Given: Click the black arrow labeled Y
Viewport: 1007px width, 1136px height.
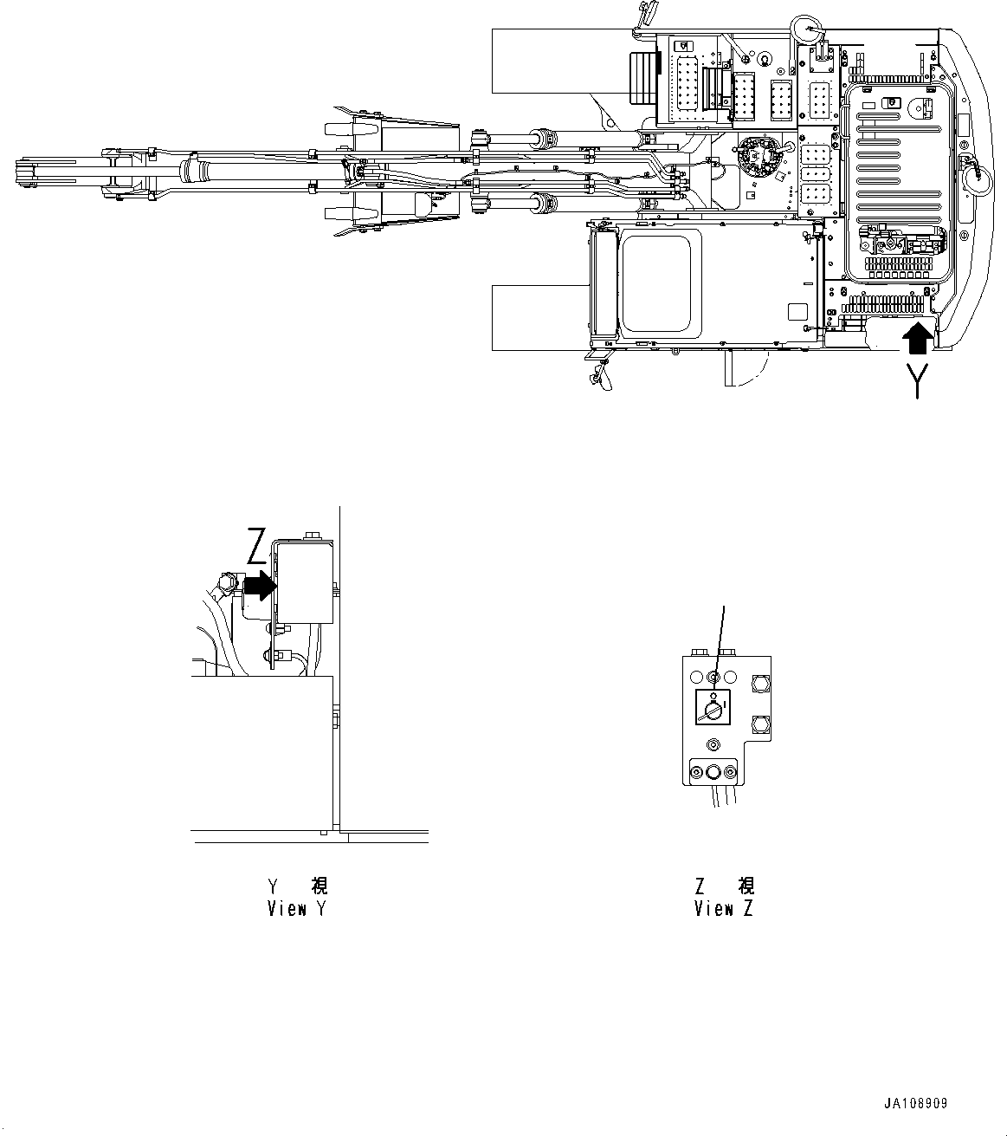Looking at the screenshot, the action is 918,337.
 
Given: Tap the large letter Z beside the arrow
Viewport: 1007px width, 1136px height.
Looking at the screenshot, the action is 257,547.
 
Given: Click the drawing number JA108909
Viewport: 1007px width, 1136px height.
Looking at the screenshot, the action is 915,1104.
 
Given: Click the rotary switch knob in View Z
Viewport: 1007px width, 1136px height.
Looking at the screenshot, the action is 713,710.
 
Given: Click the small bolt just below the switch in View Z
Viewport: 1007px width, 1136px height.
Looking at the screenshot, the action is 713,743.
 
